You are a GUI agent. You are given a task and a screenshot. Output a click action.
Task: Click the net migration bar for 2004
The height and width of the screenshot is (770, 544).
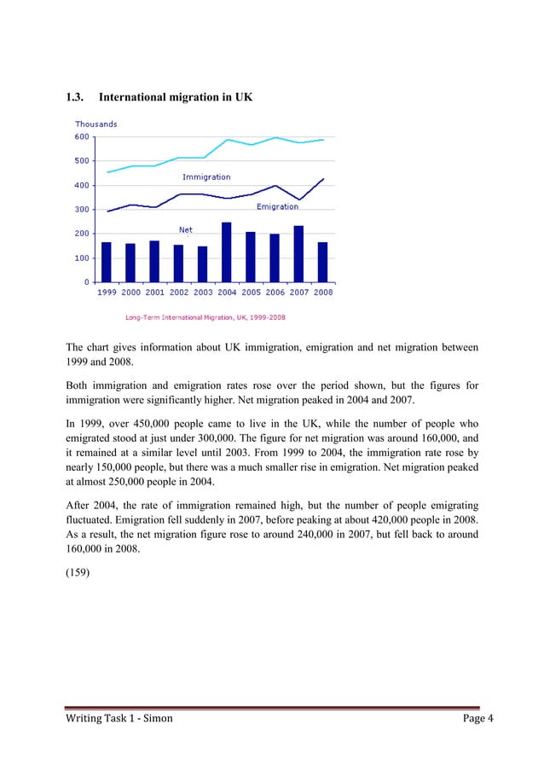coord(226,252)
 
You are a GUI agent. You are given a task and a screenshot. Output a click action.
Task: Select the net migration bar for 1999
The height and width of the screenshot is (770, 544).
coord(107,262)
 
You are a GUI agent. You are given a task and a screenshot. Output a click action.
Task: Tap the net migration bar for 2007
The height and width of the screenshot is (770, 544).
coord(298,253)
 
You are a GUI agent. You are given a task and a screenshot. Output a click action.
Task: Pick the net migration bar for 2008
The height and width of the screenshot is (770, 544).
coord(322,262)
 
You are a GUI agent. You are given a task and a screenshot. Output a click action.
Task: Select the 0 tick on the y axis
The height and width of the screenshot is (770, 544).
coord(87,281)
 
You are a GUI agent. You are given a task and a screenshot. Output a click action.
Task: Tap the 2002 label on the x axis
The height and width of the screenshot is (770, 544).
coord(178,292)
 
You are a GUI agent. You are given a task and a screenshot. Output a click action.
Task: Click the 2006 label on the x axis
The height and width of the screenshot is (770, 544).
coord(275,292)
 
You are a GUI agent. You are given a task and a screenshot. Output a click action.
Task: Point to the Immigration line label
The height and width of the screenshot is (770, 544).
coord(206,177)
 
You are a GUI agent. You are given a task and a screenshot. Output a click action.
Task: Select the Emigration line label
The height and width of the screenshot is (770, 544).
coord(277,206)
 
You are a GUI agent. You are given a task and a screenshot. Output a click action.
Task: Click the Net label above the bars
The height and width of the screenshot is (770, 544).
coord(185,229)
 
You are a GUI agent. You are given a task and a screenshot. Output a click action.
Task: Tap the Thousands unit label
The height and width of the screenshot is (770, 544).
coord(95,124)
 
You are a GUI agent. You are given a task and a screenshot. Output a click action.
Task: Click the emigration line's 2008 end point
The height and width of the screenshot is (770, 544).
coord(323,179)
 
